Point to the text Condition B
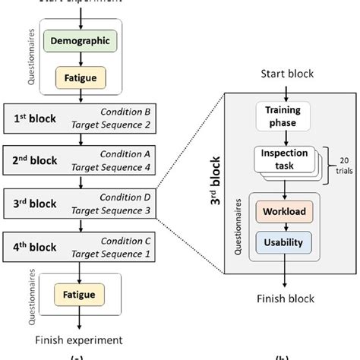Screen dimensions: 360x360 point(130,112)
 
